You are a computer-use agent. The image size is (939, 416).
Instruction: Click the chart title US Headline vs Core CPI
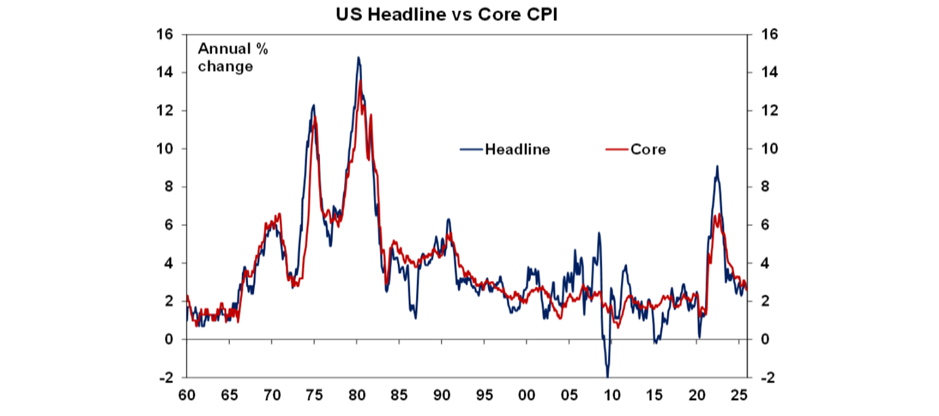447,15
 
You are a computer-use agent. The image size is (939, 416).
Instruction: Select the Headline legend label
517,149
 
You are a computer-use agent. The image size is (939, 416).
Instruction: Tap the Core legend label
648,149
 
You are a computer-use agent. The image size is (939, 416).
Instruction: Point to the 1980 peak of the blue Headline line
358,58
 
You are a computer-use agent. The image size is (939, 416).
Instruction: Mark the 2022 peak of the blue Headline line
717,166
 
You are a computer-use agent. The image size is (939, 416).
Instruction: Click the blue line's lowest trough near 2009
608,376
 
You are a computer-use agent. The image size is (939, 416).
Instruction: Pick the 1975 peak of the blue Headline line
314,105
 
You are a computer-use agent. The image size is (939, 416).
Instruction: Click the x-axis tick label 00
527,396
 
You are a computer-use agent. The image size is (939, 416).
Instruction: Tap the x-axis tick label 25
740,396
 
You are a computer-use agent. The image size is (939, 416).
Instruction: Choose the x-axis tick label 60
186,396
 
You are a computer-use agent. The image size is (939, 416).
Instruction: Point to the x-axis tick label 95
485,396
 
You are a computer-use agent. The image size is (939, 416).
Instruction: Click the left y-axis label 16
165,35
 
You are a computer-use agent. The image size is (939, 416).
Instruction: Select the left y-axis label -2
165,377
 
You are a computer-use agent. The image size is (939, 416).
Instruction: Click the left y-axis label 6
168,225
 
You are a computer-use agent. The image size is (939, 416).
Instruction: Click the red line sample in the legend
616,149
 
